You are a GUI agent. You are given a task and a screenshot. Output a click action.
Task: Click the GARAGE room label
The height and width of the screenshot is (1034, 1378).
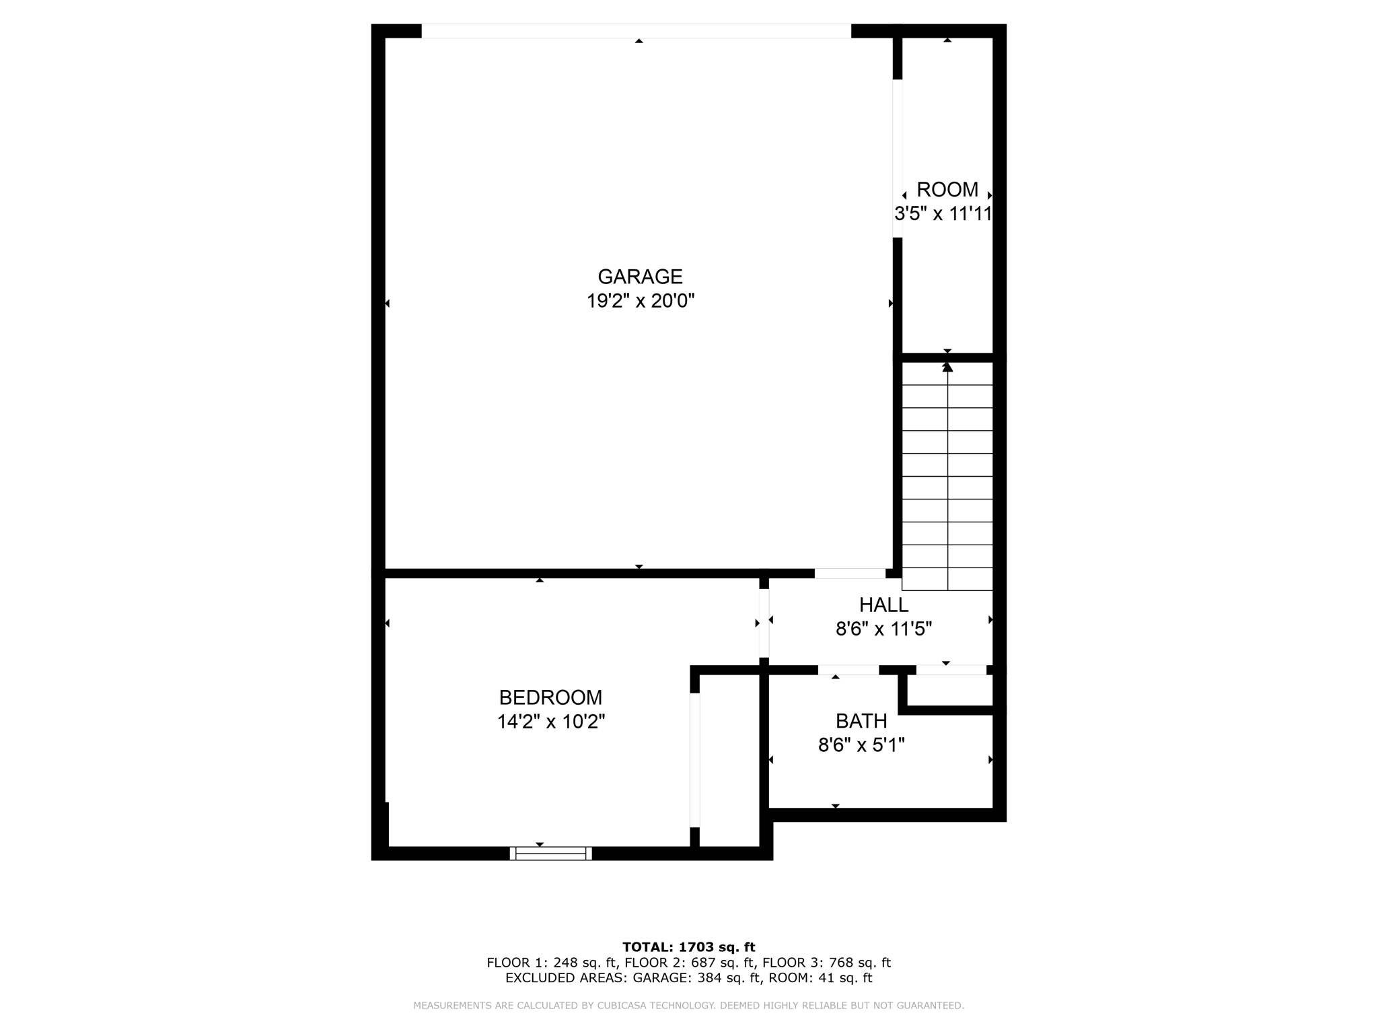point(640,277)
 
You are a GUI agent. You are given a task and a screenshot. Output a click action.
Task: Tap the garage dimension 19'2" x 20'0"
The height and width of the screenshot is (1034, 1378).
point(640,301)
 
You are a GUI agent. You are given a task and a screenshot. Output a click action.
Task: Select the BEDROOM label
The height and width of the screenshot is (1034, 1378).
point(550,697)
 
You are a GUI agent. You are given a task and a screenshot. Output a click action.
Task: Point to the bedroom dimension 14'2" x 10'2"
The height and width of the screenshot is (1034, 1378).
point(550,722)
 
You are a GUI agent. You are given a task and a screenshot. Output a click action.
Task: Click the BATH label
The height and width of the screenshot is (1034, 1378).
point(861,721)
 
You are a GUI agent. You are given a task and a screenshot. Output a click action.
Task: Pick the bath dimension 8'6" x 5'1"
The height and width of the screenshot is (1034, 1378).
point(861,745)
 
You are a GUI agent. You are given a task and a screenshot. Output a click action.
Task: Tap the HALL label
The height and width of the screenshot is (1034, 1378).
point(883,605)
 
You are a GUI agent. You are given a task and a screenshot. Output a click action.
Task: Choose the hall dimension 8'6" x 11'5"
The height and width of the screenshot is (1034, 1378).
point(883,629)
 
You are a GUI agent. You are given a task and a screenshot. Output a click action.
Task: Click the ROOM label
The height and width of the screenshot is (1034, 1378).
point(947,189)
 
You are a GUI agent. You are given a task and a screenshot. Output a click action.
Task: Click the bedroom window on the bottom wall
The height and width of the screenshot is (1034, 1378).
point(550,853)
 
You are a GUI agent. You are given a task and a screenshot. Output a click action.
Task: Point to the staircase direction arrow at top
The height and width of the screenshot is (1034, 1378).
point(947,367)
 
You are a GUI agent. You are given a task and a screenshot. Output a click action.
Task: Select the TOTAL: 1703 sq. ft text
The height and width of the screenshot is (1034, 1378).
point(688,947)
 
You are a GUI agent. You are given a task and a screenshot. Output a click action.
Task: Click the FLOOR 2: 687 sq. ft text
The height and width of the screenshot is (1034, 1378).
point(688,963)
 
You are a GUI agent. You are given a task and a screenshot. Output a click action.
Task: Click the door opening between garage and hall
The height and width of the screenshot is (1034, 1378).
point(850,574)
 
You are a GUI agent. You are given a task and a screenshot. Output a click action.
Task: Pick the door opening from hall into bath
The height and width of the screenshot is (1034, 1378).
point(848,670)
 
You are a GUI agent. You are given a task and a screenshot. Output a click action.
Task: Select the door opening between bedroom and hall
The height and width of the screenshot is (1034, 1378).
point(764,623)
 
